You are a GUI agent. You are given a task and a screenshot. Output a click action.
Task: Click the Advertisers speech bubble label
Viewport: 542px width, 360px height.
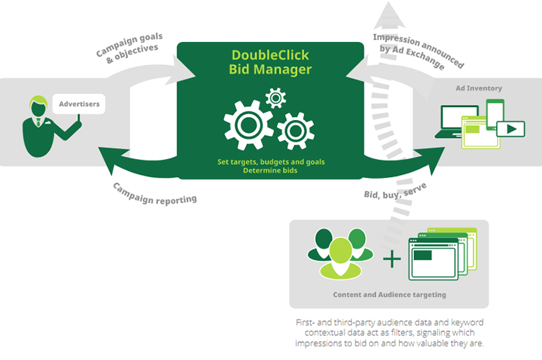79,104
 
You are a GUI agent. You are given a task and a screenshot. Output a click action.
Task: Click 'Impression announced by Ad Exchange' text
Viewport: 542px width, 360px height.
419,50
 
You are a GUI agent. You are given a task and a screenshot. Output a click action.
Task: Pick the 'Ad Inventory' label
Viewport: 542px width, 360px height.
478,88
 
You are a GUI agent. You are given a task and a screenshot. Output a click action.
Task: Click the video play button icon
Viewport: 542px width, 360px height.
510,130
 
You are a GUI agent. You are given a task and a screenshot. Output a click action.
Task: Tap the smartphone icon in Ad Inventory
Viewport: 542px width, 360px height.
495,112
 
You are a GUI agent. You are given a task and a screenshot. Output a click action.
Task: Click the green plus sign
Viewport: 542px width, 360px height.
391,258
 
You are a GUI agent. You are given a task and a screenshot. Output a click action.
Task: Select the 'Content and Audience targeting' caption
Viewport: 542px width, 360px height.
389,294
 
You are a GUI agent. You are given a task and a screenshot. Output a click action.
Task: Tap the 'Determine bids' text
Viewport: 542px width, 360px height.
270,171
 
